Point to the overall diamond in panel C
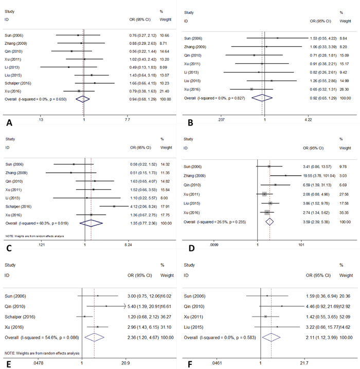(91, 224)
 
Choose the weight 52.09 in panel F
(345, 317)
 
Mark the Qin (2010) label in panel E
(16, 306)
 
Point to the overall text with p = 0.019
(32, 224)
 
